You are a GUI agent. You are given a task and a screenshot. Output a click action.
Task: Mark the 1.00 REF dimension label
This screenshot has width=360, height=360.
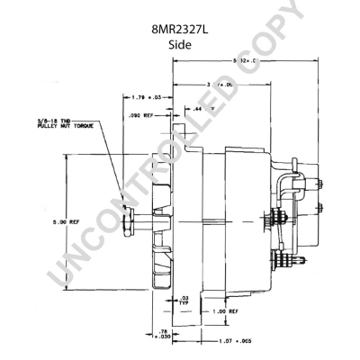[225, 311]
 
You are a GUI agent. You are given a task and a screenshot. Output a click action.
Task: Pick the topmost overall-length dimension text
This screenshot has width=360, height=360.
[244, 60]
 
